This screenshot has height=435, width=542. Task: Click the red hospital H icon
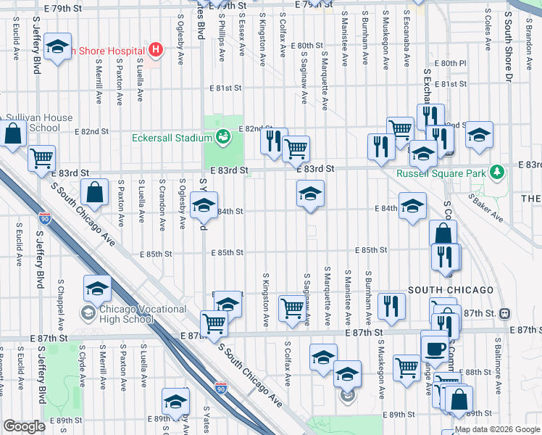click(x=154, y=50)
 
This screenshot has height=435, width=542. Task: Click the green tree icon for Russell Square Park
click(x=497, y=173)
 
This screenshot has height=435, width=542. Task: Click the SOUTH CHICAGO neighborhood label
click(x=450, y=290)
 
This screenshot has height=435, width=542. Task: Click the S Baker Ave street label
click(x=485, y=207)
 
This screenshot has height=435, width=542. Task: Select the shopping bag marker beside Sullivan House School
click(x=13, y=134)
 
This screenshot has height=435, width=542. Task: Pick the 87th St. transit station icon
click(x=505, y=313)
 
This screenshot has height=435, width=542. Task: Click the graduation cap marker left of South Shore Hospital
click(x=57, y=48)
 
